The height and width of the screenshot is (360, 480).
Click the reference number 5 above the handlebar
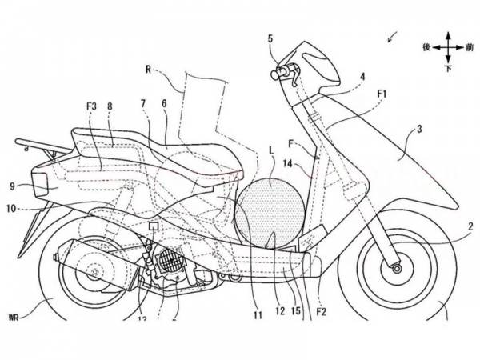270,38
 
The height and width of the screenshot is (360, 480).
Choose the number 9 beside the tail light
12,186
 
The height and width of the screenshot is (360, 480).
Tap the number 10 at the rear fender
13,210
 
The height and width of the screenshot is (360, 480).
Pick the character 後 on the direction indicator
428,48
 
